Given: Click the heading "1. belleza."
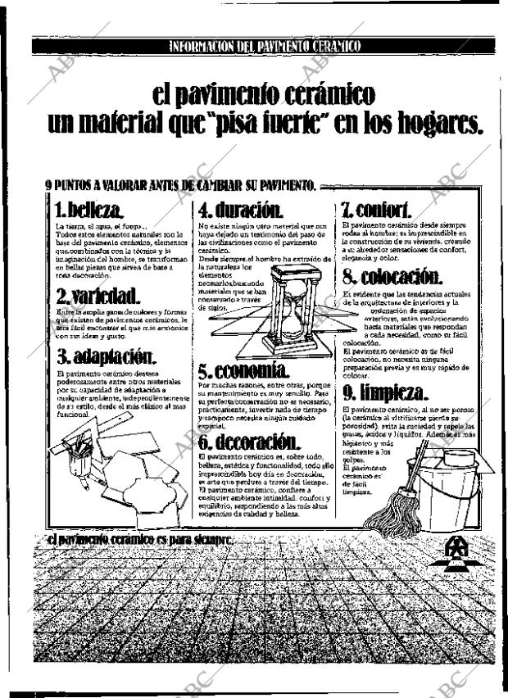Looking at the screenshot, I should (x=90, y=208).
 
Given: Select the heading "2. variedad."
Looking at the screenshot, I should (x=97, y=295).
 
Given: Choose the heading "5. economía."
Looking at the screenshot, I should (x=243, y=370).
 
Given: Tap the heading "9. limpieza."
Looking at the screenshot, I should (x=385, y=392).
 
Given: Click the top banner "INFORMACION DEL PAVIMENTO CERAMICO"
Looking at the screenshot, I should (x=264, y=46).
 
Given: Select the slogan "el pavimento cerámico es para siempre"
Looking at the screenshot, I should (x=140, y=540).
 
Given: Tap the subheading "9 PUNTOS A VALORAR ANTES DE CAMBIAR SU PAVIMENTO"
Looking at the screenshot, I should (x=181, y=185).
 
